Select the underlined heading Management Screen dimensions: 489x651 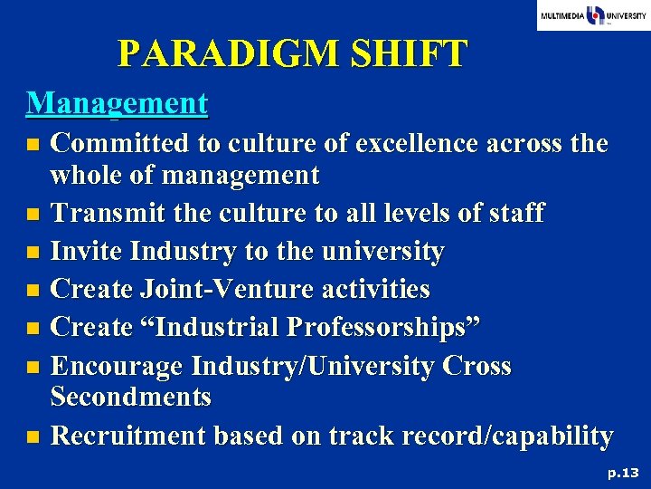click(118, 102)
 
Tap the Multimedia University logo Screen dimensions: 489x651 click(593, 15)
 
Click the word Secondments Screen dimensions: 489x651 click(131, 397)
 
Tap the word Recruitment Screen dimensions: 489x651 click(128, 436)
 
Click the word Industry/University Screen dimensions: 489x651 click(316, 366)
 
